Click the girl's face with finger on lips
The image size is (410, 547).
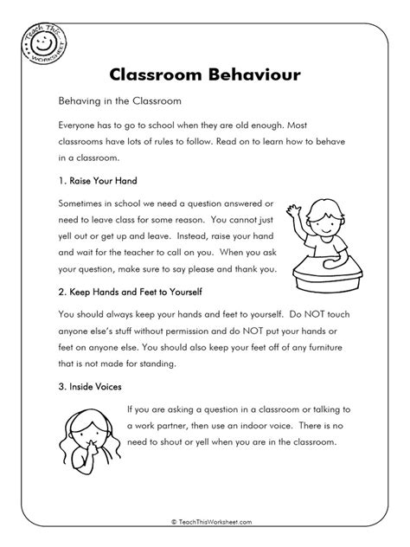point(90,434)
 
